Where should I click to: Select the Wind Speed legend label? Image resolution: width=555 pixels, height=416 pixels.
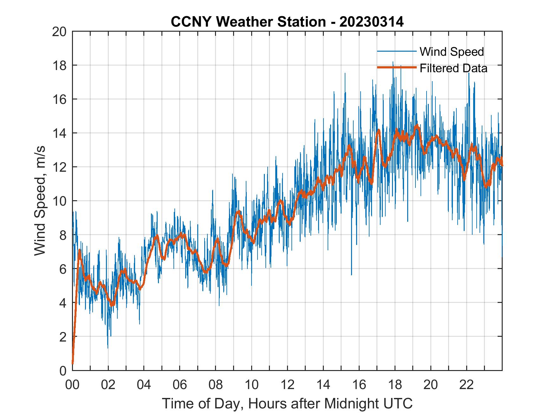point(452,52)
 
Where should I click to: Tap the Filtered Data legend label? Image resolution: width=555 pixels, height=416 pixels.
point(453,68)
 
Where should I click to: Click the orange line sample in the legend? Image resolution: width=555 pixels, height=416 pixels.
point(396,68)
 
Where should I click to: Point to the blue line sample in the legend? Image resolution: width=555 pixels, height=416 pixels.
point(396,51)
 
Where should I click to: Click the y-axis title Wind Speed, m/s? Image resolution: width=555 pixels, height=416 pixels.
point(40,201)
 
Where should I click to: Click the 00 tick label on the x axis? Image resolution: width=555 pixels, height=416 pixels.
point(72,385)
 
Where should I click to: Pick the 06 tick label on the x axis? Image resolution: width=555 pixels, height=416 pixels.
point(180,385)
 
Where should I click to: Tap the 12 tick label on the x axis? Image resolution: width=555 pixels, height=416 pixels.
point(287,385)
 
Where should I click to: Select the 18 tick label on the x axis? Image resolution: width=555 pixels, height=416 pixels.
point(395,385)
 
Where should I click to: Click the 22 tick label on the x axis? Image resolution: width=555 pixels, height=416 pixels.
point(467,385)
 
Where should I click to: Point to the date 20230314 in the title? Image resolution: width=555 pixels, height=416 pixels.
point(371,22)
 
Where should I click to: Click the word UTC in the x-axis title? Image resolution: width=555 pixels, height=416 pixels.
point(399,403)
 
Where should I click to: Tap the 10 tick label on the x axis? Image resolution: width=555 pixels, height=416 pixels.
point(251,385)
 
